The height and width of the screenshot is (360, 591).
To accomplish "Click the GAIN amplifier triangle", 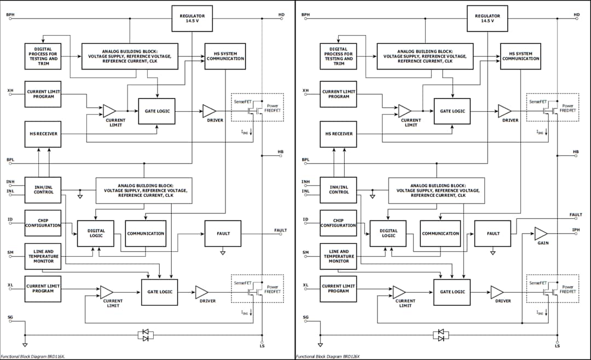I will (x=540, y=234).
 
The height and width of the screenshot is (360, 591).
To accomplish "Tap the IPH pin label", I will (x=576, y=230).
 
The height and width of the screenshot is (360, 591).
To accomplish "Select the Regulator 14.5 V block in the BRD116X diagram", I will (x=192, y=18).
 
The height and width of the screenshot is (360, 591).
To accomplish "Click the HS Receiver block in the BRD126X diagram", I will (x=339, y=134).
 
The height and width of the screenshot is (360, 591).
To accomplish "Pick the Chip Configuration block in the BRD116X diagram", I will (x=43, y=223).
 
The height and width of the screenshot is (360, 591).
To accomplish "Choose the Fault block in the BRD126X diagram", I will (x=493, y=234).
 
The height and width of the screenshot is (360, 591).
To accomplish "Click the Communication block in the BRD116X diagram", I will (x=146, y=234).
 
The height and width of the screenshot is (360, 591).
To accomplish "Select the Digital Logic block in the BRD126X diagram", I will (x=388, y=234).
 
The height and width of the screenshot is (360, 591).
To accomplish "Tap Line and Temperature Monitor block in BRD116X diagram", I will (x=43, y=256).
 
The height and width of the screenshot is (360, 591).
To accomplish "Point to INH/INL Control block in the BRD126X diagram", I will (x=339, y=189).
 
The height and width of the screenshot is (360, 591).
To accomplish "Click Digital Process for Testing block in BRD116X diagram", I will (x=43, y=56).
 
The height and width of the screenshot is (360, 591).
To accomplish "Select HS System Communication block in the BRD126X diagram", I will (x=520, y=56).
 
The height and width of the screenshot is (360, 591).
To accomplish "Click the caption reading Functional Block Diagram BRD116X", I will (x=32, y=356).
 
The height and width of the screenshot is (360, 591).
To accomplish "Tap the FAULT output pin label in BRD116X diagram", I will (x=280, y=230).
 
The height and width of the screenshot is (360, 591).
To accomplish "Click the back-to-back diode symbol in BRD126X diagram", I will (x=441, y=335).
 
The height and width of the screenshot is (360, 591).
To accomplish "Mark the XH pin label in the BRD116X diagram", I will (x=10, y=90).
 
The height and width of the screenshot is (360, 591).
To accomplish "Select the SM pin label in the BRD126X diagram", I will (x=305, y=252).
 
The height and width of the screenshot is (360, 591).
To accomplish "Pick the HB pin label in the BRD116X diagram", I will (x=280, y=152).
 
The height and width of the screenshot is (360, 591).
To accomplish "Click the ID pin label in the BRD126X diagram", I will (x=305, y=219).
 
